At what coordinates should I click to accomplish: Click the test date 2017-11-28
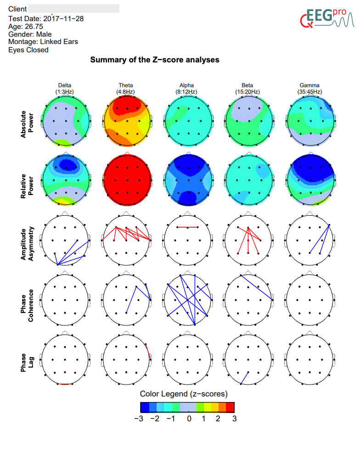(x=63, y=19)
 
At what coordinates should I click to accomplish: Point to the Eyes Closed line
(x=28, y=50)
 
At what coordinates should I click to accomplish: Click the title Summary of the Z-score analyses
(x=155, y=60)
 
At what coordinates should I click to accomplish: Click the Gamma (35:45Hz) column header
(x=309, y=88)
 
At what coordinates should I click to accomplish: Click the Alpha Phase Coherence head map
(x=187, y=299)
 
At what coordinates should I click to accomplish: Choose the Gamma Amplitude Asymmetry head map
(x=309, y=240)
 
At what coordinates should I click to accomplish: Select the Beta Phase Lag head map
(x=248, y=359)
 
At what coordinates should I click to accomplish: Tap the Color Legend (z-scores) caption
(x=184, y=394)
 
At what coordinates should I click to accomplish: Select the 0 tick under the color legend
(x=189, y=419)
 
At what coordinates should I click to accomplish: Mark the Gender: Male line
(x=30, y=34)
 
